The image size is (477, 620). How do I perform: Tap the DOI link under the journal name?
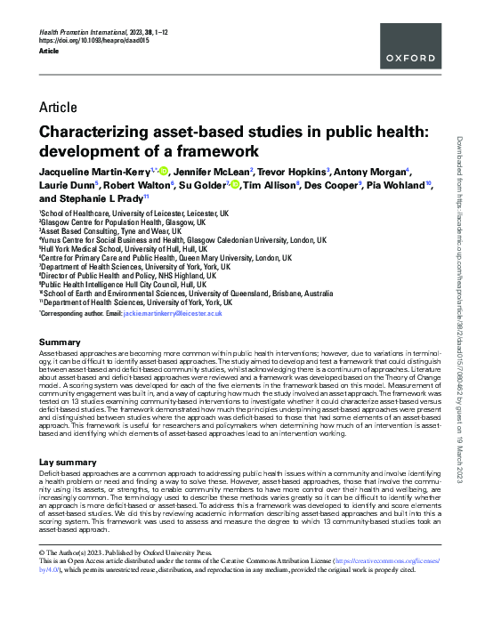point(89,41)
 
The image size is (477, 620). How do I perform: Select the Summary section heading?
point(61,342)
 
